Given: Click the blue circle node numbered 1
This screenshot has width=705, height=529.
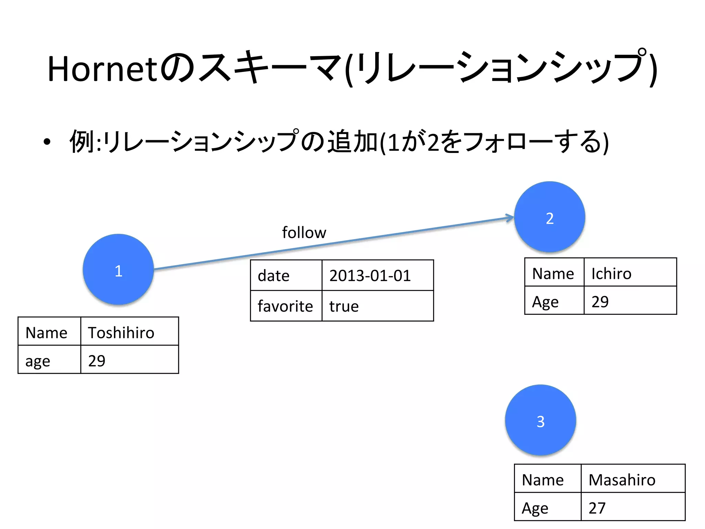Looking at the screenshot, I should point(118,270).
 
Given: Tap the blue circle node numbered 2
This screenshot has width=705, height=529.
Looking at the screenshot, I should point(549,217).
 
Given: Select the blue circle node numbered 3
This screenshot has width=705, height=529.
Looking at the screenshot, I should point(540,421).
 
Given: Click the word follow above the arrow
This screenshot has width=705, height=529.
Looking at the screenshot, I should point(304,232).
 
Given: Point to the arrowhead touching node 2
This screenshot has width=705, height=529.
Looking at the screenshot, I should point(510,218).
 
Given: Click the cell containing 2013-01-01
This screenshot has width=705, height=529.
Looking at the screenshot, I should point(377,276).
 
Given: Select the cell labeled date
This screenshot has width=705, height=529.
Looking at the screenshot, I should point(286,276).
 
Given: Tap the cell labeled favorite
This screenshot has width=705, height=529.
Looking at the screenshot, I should point(286,306).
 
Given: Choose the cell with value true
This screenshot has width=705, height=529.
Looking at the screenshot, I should point(377,306).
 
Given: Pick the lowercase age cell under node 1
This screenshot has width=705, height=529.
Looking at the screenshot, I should point(49,360).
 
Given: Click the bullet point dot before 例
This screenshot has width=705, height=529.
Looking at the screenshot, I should point(47,142).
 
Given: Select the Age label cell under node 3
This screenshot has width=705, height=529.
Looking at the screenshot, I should point(547,508).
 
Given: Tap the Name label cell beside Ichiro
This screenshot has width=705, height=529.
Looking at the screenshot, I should point(554,273).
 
